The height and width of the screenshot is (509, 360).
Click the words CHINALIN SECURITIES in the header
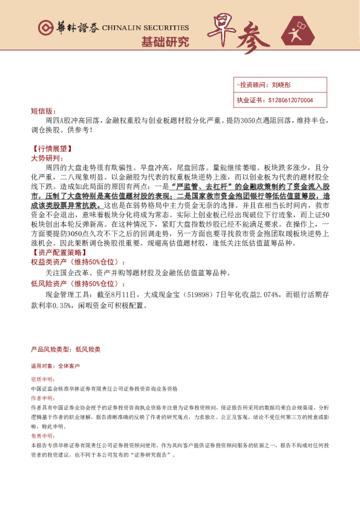145,28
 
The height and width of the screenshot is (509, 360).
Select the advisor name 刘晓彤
281,85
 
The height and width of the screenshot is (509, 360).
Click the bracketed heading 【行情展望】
51,148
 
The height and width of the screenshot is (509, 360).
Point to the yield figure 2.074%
258,294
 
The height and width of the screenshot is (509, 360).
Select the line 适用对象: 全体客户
55,366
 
